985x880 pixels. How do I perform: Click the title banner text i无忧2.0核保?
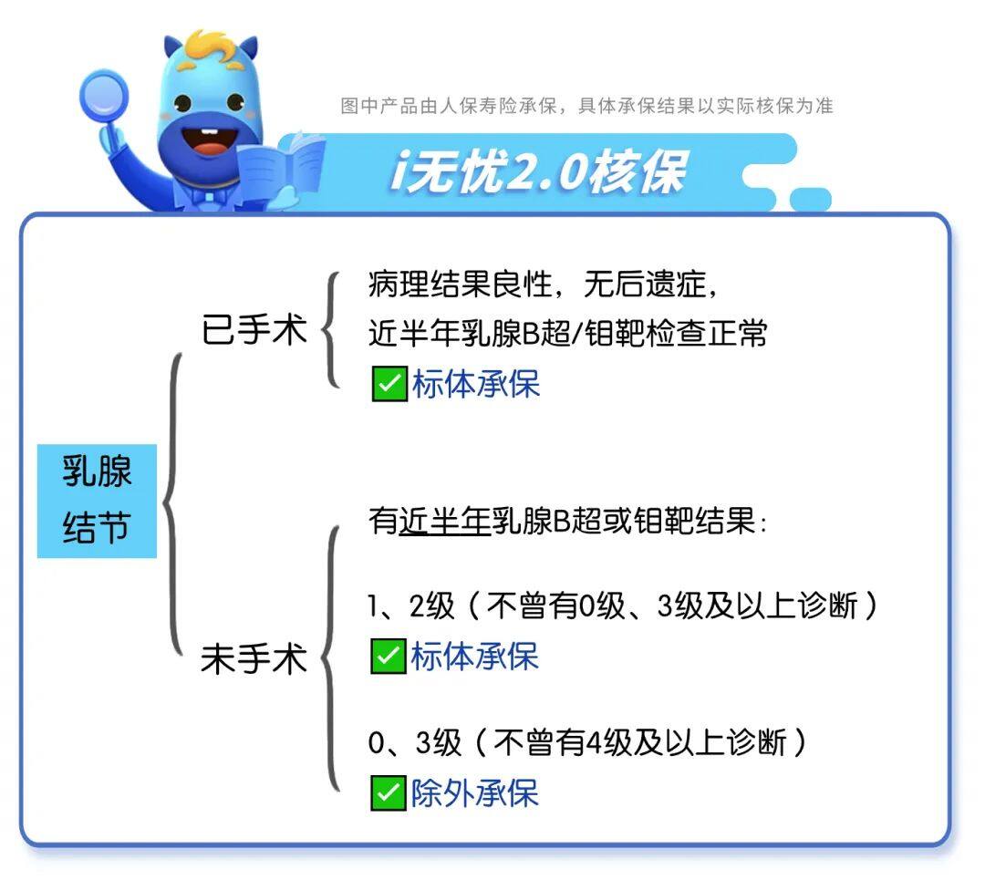538,171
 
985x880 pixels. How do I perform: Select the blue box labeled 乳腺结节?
97,501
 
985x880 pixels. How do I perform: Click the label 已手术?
254,329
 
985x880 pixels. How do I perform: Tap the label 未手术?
254,658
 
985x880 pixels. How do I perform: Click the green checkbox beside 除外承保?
389,792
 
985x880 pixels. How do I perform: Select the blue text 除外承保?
475,792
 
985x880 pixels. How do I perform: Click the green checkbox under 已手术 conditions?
389,383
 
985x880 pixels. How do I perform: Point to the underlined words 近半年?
445,521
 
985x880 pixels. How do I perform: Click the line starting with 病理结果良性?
543,284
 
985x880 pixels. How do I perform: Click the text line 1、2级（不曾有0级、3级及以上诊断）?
623,606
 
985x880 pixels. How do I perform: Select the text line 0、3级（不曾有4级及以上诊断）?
587,742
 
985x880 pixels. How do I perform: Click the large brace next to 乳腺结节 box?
170,502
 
